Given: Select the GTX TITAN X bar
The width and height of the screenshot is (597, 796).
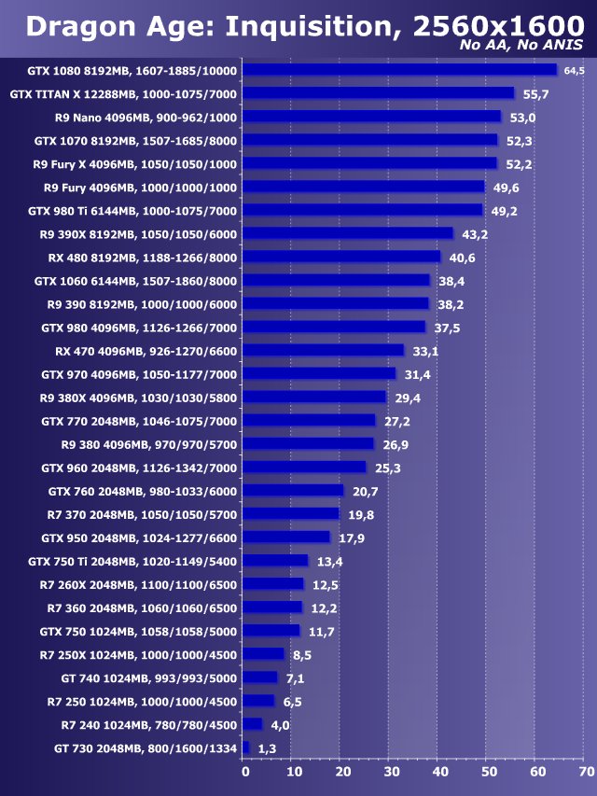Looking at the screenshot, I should (x=378, y=93).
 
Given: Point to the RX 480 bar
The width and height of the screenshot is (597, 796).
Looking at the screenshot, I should (x=341, y=257).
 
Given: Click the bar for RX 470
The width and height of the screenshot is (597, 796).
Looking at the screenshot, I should (x=323, y=351).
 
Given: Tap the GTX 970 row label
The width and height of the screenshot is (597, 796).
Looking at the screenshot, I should (x=139, y=374).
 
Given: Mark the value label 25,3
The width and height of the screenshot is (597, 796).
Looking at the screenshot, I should (x=385, y=468).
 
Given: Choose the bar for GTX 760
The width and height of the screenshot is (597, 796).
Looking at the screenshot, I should (x=293, y=491).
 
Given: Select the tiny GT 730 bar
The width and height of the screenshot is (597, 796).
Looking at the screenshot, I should (x=245, y=747).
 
